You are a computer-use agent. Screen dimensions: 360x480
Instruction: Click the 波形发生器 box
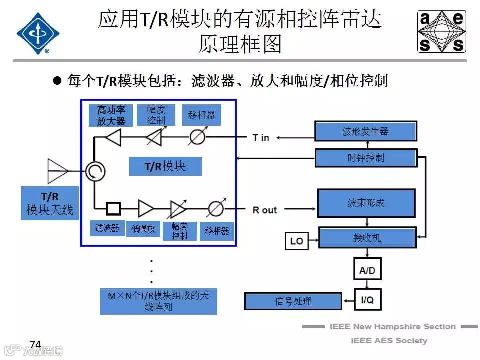click(x=365, y=132)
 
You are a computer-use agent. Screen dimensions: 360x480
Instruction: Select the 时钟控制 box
click(x=365, y=158)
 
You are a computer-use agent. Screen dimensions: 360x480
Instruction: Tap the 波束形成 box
click(x=366, y=203)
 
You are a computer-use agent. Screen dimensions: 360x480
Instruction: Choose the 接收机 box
click(x=367, y=238)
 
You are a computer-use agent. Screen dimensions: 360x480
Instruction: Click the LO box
click(x=296, y=241)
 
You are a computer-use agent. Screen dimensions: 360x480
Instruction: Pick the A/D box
click(x=367, y=270)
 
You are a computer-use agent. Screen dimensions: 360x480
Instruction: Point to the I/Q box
click(x=367, y=300)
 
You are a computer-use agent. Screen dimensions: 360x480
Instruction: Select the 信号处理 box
click(x=293, y=301)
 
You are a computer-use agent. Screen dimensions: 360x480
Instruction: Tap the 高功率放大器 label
click(x=111, y=115)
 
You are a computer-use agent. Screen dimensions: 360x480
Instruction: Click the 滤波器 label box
click(x=107, y=228)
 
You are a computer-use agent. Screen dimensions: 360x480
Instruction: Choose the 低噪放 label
click(x=143, y=229)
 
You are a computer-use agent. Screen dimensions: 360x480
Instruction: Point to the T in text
click(x=261, y=137)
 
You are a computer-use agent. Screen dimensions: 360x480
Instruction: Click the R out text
click(x=264, y=210)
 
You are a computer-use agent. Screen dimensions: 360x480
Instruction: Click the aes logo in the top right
click(x=441, y=32)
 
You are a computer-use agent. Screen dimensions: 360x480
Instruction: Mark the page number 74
click(x=35, y=344)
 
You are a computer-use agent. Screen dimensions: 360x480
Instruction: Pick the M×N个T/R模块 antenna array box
click(x=158, y=301)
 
